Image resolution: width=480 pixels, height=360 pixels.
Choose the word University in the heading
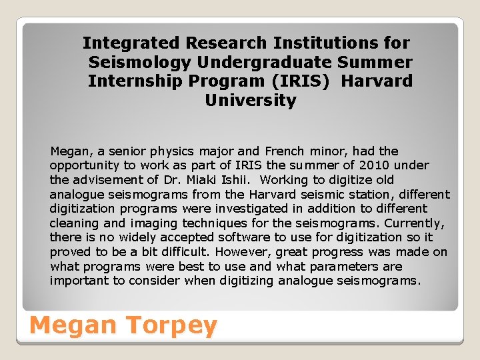click(251, 101)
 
